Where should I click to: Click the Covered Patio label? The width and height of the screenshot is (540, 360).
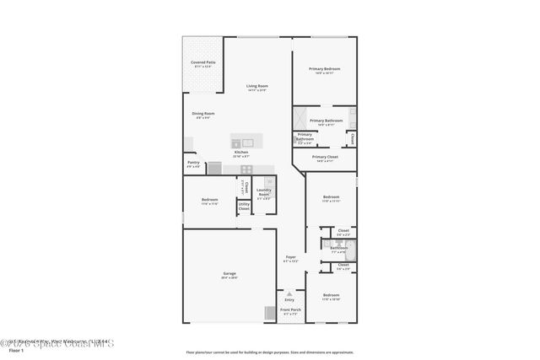pos(202,62)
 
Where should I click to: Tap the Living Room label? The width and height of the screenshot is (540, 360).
pos(256,86)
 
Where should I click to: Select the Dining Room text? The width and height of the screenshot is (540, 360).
pos(203,114)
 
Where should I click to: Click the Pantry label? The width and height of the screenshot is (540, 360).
pos(193,164)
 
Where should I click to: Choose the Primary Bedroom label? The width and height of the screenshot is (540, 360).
pos(324,69)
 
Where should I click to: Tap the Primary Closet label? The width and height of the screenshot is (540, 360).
pos(325,157)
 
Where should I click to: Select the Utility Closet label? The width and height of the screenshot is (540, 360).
pos(244,206)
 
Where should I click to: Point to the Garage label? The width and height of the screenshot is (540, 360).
pos(229,274)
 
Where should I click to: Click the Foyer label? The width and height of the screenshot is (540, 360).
pos(290,256)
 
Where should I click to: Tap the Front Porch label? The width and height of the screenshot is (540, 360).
pos(289,310)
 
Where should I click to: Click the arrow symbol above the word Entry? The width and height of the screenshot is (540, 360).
pos(289,293)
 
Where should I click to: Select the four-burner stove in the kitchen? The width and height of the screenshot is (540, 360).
pos(214,168)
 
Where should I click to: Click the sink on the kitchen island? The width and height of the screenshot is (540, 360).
pos(249,142)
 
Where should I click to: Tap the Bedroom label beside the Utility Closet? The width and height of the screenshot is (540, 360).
pos(209,200)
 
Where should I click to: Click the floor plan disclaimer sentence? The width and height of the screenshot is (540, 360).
pos(269,352)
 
